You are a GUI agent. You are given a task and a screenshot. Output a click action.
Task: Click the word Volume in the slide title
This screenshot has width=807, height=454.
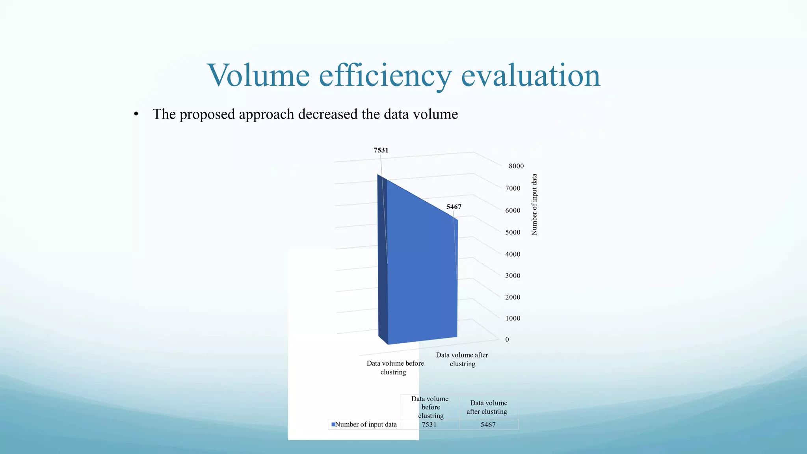pos(258,75)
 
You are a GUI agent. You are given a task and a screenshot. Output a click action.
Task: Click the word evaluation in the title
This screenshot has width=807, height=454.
pos(530,75)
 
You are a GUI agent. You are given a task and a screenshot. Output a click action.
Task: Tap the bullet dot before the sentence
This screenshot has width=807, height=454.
pos(136,115)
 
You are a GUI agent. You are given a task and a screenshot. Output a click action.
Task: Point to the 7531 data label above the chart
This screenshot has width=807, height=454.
pos(381,150)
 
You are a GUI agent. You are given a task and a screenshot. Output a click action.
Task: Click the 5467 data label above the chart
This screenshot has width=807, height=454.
pos(454,207)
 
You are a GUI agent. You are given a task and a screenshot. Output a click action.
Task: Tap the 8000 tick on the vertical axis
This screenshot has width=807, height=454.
pos(516,166)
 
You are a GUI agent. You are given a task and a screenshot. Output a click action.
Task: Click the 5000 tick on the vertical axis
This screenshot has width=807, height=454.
pos(513,233)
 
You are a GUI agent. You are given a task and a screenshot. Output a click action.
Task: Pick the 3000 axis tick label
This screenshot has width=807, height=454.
pos(513,276)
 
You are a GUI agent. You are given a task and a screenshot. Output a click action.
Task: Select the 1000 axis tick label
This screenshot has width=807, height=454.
pos(513,318)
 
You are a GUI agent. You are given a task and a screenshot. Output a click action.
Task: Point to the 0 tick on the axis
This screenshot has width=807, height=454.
pos(507,340)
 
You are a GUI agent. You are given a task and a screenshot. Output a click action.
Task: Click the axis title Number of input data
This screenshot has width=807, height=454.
pos(534,205)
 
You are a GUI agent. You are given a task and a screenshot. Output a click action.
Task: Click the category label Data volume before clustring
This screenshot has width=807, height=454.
pos(395,368)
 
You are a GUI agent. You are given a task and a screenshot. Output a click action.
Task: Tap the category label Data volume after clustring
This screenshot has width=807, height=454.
pos(462,359)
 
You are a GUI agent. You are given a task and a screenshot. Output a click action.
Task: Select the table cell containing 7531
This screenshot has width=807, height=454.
pos(429,425)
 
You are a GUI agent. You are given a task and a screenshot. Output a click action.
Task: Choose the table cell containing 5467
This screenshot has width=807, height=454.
pos(488,425)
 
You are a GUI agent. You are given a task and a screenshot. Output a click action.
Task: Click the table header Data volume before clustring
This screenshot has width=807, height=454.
pos(430,407)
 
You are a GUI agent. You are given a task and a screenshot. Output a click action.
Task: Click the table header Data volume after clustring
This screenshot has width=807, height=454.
pos(488,407)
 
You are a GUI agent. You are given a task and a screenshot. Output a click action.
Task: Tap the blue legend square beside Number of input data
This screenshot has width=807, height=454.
pos(333,424)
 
